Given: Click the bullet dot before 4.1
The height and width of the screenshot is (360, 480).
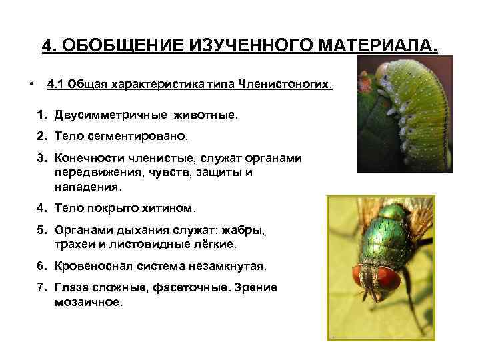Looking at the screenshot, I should pyautogui.click(x=31, y=85).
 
